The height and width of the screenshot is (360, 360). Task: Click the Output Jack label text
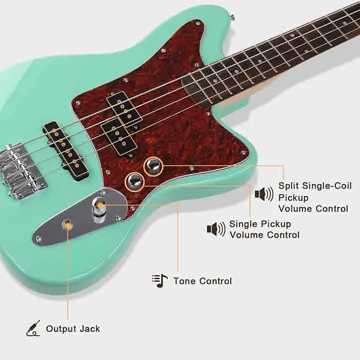[73, 329]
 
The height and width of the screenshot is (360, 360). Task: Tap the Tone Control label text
[202, 281]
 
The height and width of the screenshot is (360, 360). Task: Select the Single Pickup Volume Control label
[264, 229]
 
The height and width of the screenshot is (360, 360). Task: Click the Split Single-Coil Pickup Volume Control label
[314, 197]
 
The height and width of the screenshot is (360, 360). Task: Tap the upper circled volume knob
[153, 166]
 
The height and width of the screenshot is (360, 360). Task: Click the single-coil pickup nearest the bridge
[62, 146]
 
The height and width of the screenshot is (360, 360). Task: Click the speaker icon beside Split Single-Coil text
[264, 193]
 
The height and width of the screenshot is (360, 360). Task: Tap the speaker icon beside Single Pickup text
[216, 229]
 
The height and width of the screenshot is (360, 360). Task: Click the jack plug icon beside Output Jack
[33, 328]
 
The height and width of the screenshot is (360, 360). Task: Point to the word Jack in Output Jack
[89, 329]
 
